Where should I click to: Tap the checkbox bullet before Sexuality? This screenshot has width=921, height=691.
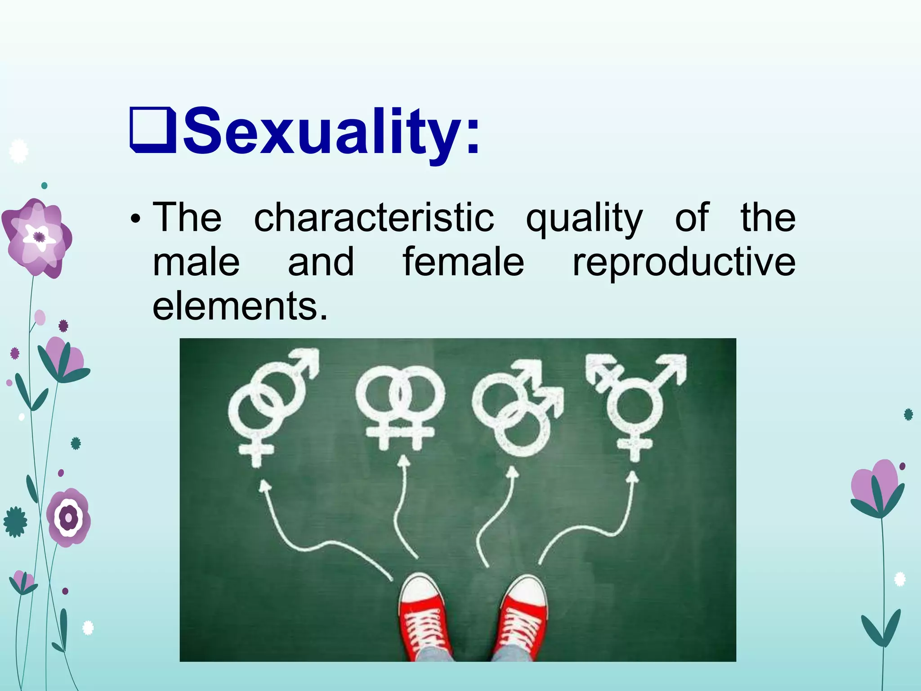coord(152,130)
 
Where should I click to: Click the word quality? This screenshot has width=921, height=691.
coord(584,218)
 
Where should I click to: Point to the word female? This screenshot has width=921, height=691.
coord(463,262)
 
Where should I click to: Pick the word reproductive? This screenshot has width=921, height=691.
coord(684,263)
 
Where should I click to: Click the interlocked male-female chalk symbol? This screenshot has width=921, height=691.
coord(270,405)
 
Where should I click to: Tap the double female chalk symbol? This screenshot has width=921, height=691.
coord(400,405)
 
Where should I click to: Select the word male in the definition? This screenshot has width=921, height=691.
coord(196,262)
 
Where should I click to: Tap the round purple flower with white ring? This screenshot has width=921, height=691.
coord(69,518)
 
